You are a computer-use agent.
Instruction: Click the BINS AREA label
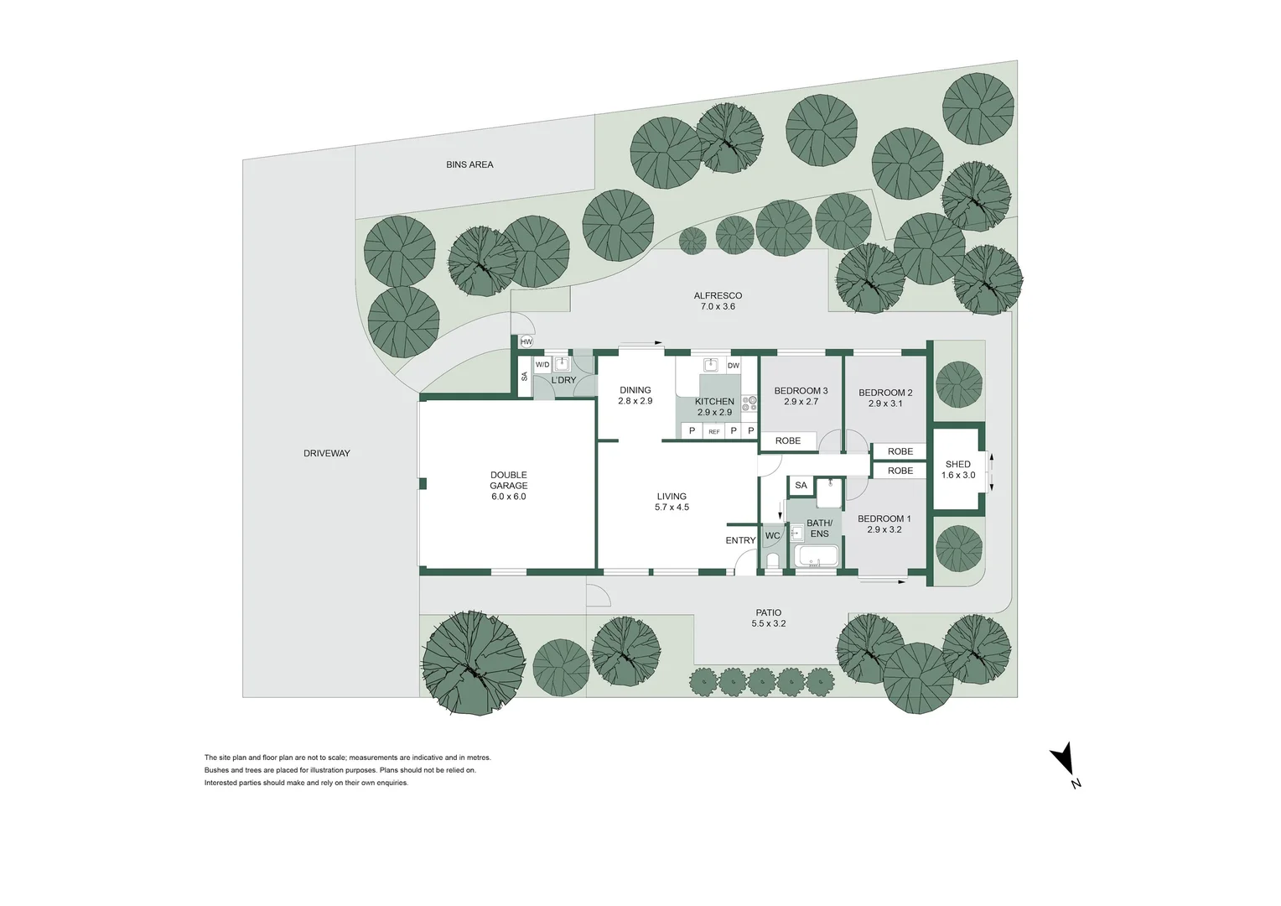click(469, 164)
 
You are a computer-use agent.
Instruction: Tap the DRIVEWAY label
click(326, 453)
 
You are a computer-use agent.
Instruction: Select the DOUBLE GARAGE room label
click(508, 481)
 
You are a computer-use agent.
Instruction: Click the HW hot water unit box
click(526, 342)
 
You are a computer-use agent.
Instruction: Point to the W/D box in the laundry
click(542, 365)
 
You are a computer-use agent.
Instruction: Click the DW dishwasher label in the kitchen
click(733, 366)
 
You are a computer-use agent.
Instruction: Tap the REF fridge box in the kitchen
click(713, 431)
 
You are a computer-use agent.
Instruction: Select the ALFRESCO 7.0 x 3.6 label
click(718, 301)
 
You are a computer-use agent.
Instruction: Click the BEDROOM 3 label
click(801, 391)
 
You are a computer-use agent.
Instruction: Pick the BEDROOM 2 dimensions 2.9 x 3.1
click(885, 404)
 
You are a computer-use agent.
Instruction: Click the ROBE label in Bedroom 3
click(788, 440)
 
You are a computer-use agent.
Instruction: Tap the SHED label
click(957, 464)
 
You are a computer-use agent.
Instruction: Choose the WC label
click(772, 536)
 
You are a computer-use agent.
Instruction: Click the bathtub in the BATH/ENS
click(817, 557)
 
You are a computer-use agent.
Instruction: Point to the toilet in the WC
click(772, 560)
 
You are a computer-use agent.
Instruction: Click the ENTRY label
click(740, 540)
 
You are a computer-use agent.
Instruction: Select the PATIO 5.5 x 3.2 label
click(768, 618)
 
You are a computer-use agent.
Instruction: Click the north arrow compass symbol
click(1064, 760)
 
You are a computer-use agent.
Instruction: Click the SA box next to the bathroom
click(801, 485)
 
